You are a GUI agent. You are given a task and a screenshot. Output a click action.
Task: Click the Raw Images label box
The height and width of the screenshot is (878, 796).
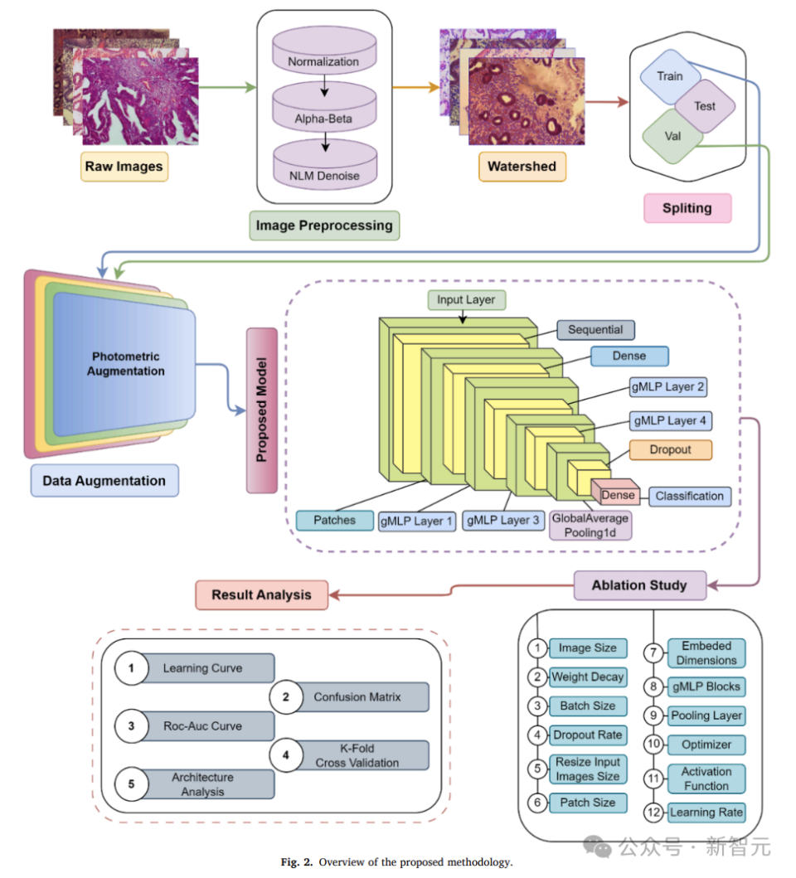coord(124,167)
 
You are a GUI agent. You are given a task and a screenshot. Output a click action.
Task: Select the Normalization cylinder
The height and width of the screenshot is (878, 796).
coord(323,62)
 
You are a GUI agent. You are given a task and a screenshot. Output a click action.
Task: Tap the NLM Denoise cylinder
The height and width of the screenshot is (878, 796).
coord(323,175)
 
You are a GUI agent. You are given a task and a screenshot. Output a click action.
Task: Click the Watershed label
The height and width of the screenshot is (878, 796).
coord(522,166)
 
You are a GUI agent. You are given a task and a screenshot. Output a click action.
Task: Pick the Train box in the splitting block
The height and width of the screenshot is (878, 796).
coord(670,76)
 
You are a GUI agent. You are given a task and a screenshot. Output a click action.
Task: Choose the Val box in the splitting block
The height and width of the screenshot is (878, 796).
coord(672,135)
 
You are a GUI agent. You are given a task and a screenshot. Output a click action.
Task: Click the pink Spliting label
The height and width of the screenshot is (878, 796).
coord(687,207)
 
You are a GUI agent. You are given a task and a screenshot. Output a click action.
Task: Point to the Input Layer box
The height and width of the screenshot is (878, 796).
coord(467,299)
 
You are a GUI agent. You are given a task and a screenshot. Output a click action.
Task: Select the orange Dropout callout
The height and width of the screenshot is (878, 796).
coord(671,449)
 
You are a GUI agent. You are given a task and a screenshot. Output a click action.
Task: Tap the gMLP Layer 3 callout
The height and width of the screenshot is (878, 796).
coord(503,521)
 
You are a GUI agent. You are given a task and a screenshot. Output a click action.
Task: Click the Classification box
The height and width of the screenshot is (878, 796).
coord(689,496)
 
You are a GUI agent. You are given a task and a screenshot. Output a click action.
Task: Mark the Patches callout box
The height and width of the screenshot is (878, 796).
coord(334,520)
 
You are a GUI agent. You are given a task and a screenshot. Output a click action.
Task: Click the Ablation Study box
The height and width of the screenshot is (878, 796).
coord(639,585)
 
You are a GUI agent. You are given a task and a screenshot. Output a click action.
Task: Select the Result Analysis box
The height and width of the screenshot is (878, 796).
coord(261,594)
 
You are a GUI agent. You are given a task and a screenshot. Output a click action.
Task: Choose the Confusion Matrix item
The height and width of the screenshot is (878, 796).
coord(357,697)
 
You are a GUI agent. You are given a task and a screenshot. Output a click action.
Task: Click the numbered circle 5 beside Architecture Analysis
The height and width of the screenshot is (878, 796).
coord(131,783)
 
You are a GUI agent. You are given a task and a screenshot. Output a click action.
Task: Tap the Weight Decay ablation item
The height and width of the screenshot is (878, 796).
coord(587,677)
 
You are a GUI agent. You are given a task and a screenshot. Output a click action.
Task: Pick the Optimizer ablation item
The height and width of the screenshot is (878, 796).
coord(706,744)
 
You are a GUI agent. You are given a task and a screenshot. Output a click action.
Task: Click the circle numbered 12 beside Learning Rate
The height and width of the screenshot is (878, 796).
coord(654,813)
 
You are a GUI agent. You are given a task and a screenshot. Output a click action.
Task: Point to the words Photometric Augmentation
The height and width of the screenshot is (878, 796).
coord(126,364)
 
